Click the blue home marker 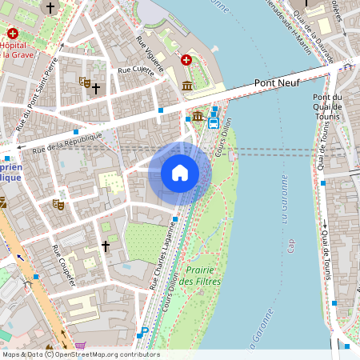tap(180, 173)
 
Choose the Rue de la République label tap(68, 142)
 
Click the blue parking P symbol tap(144, 332)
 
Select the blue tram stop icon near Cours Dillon tap(214, 122)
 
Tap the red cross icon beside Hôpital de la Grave tap(12, 34)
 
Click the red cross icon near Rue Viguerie tap(186, 60)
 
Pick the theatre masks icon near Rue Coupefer tap(58, 204)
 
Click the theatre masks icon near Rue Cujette tap(84, 81)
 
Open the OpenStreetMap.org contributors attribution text tap(80, 354)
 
